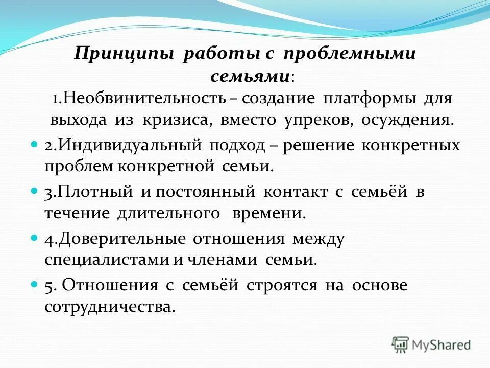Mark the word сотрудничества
click(110, 307)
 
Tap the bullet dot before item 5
click(35, 284)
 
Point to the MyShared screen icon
click(401, 344)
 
